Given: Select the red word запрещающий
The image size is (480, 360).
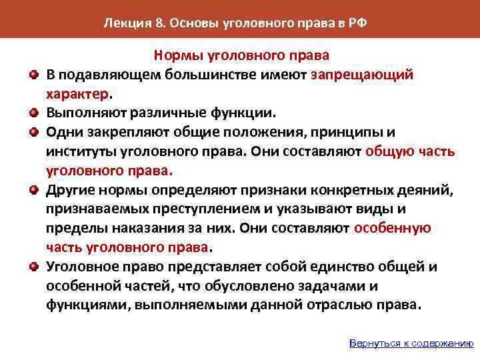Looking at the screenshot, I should pos(361,75).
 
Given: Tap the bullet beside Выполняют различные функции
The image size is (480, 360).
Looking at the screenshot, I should pos(33,111).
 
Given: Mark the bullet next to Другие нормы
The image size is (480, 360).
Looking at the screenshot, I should pos(33,189).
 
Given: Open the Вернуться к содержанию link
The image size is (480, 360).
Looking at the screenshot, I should pos(411,344).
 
